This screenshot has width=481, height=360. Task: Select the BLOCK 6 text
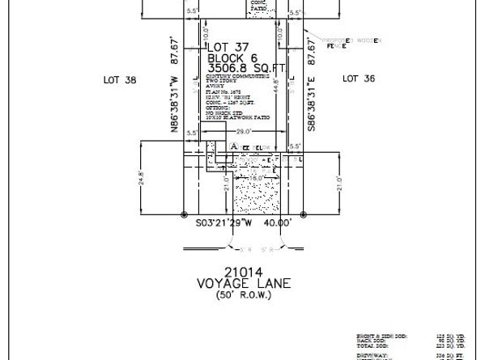(232, 58)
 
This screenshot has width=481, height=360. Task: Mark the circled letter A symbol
(233, 144)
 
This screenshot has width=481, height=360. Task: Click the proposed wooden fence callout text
(341, 43)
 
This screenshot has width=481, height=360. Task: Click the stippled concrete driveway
(256, 198)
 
